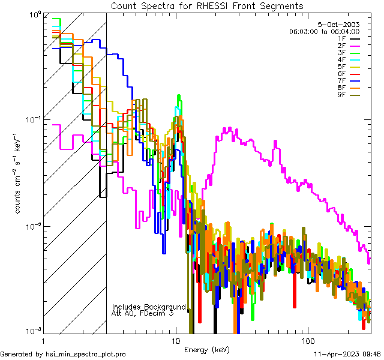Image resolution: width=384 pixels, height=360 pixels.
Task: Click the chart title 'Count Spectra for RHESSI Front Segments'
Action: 207,5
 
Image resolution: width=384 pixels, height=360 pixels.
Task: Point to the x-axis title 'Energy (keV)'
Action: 206,349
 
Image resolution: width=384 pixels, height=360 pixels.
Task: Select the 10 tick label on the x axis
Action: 175,340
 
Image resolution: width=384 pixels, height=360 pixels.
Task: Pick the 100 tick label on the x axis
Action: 307,340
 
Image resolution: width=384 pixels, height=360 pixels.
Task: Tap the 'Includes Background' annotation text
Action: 149,307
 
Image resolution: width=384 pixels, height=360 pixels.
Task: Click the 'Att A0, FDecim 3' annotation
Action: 143,313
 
